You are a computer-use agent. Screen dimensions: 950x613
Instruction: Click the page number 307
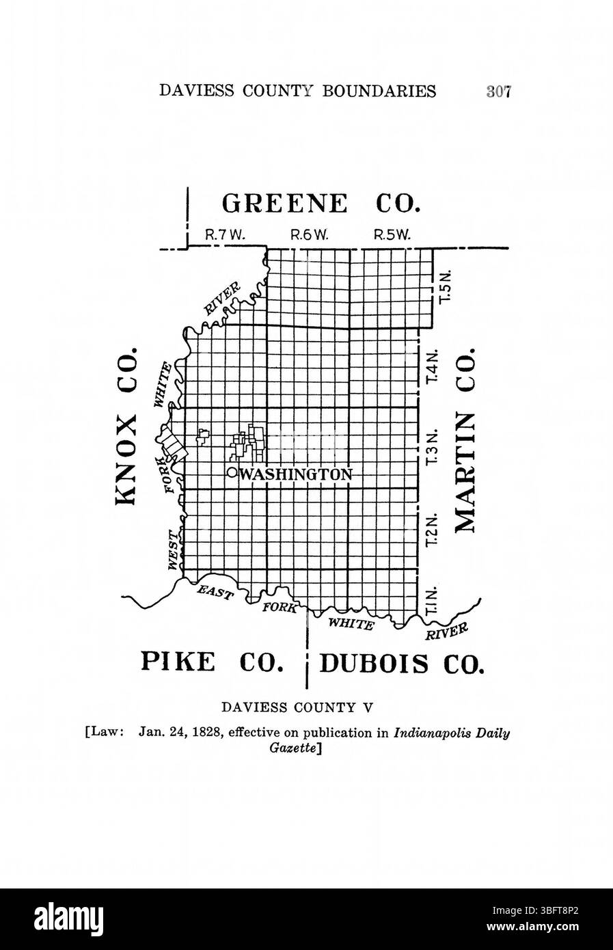499,92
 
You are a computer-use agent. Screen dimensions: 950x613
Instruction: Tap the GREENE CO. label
321,204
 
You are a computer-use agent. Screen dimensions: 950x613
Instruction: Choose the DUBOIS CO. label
402,664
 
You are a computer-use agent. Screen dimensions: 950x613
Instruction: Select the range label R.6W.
310,234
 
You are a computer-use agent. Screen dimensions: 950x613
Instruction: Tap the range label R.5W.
392,234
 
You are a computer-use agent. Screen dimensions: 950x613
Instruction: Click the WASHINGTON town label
295,474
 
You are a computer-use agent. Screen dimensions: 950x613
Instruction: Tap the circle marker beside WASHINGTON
232,472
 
